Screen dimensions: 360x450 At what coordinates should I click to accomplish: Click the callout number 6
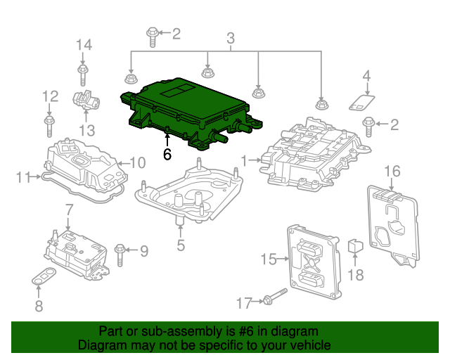tap(167, 154)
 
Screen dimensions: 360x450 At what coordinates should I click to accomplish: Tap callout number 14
tap(84, 46)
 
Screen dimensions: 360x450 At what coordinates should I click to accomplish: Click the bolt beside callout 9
tap(120, 250)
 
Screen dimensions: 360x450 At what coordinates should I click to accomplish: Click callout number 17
tap(243, 303)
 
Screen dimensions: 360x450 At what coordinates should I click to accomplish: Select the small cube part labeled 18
tap(356, 246)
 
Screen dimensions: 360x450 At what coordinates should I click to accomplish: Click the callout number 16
tap(392, 171)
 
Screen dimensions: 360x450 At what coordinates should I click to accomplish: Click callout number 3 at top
tap(230, 38)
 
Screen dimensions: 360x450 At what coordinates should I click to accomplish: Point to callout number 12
tap(49, 96)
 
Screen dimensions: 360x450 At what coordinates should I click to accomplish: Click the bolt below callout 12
tap(49, 127)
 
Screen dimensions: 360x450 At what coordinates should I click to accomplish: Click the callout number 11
tap(23, 176)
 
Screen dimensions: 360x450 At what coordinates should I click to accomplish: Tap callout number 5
tap(181, 245)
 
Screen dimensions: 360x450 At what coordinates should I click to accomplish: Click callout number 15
tap(269, 259)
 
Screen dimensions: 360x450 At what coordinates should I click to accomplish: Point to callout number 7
tap(69, 209)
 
